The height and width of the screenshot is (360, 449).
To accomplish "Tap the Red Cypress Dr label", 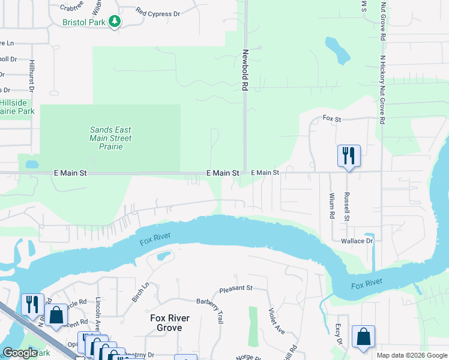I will point(157,12).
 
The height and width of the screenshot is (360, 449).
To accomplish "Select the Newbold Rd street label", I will point(245,70).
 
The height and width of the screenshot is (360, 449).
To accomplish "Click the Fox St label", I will point(331,119).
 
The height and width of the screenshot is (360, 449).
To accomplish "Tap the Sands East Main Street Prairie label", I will point(110,138).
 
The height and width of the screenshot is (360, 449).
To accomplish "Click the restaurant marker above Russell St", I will point(348,157).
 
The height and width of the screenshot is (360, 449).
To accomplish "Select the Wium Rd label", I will point(331,205).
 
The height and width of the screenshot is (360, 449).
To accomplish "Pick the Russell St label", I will point(346,206).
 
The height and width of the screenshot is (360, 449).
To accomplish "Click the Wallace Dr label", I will point(357,241).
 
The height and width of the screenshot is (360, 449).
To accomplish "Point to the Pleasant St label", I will point(235,289).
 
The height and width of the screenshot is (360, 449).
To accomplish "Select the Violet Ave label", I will point(276,321).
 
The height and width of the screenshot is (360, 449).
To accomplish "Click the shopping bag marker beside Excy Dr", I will point(363,337).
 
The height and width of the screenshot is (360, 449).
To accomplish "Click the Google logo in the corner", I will point(20,353).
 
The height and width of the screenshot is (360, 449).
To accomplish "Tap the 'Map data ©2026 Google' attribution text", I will point(411,355).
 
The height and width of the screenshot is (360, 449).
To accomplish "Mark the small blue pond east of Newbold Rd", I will point(337,50).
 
